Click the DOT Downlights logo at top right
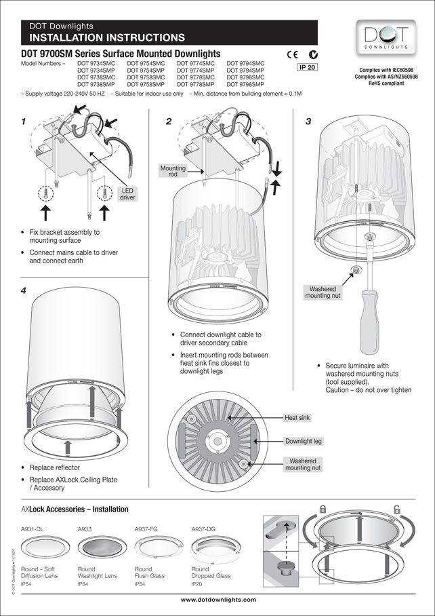(x=384, y=37)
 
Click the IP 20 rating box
(x=307, y=67)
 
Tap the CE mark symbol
(x=291, y=54)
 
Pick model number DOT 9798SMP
(x=245, y=84)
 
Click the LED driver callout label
(x=127, y=194)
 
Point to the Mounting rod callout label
(x=172, y=171)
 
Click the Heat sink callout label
(x=297, y=418)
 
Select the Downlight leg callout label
(x=303, y=441)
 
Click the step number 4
(x=24, y=290)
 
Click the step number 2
(x=169, y=121)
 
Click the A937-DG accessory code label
(x=203, y=528)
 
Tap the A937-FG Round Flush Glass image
(x=155, y=547)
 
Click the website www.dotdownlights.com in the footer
(x=218, y=600)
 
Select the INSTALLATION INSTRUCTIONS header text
(x=107, y=37)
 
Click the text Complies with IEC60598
(x=384, y=70)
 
